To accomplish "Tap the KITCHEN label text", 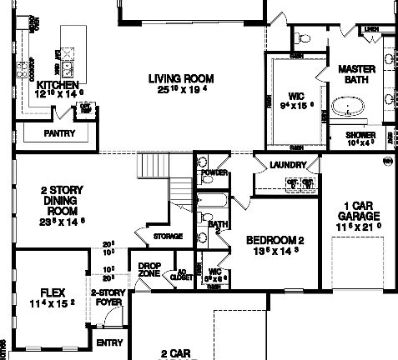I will point(58,85).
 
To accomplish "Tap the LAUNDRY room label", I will point(288,165).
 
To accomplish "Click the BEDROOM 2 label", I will point(275,240).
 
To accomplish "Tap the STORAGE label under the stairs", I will point(168,237).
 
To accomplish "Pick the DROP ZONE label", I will point(149,269).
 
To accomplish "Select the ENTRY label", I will point(109,342).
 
